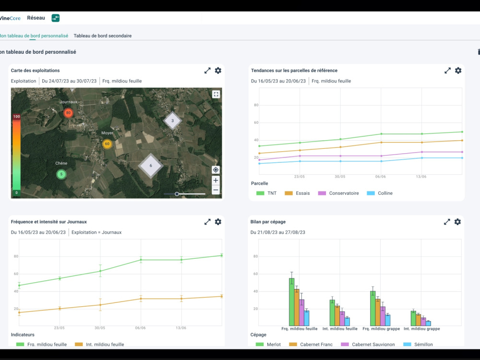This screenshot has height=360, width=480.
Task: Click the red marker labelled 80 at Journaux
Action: click(68, 113)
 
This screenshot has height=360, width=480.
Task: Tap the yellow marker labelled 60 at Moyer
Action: click(107, 144)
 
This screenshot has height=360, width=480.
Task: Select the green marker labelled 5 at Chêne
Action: click(61, 174)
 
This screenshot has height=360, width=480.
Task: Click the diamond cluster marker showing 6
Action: click(151, 166)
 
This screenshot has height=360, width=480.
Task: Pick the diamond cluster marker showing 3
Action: click(172, 120)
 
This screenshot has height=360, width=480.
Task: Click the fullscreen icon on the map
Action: click(216, 94)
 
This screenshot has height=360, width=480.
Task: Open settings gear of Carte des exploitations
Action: click(218, 71)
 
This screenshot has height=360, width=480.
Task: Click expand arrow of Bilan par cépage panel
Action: click(447, 222)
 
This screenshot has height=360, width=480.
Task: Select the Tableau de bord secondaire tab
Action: click(103, 36)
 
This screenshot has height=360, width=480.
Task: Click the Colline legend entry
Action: click(380, 193)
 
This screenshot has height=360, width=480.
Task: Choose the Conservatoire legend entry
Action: click(338, 193)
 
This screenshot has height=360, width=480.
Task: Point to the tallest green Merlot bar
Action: click(292, 302)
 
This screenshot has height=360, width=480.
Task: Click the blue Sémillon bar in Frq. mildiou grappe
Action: click(388, 320)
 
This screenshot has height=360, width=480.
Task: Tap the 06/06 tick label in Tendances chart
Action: click(381, 177)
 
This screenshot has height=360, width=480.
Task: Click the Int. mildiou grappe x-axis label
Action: click(421, 329)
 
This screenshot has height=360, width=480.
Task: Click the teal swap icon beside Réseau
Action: click(55, 18)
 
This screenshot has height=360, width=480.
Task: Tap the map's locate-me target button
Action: click(216, 170)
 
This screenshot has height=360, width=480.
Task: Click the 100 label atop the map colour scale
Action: click(16, 117)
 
